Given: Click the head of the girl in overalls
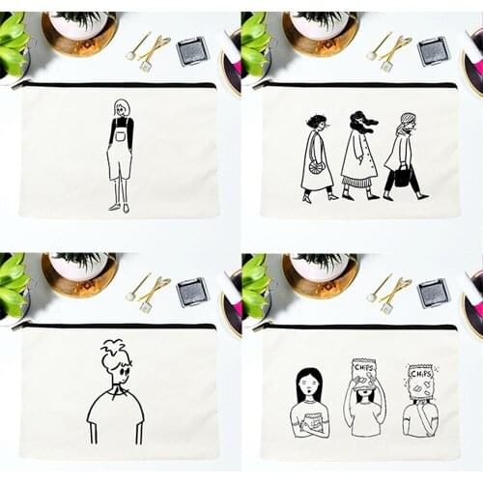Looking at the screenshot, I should [x=122, y=107].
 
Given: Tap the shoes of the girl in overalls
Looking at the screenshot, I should [x=119, y=207].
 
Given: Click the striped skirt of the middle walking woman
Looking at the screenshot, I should [x=356, y=181].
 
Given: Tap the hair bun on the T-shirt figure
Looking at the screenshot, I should [x=115, y=348].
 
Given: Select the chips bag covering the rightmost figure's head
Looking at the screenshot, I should [x=420, y=382].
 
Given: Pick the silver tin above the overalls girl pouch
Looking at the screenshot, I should [x=192, y=50].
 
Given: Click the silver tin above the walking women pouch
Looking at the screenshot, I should [x=434, y=50].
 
